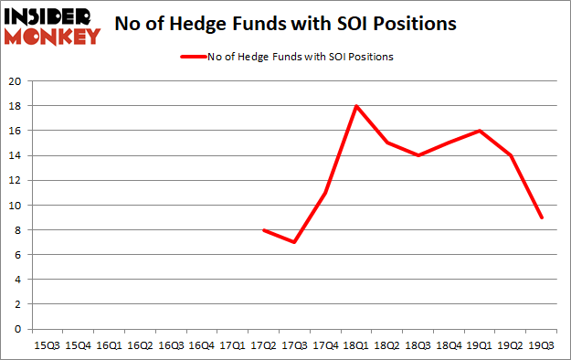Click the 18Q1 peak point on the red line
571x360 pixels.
[356, 106]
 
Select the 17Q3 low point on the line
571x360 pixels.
[294, 242]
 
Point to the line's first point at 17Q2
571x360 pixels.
[263, 229]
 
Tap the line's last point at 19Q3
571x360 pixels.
[543, 217]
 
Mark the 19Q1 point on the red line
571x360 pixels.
[481, 131]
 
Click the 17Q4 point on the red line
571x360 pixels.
[325, 193]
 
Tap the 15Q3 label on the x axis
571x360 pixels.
[46, 345]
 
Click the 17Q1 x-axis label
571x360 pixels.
[232, 345]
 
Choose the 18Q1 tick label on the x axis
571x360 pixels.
[356, 345]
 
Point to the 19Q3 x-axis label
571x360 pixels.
[543, 345]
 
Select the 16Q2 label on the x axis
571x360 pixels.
[139, 345]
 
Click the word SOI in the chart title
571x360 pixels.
[343, 24]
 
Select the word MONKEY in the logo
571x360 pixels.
[53, 37]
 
